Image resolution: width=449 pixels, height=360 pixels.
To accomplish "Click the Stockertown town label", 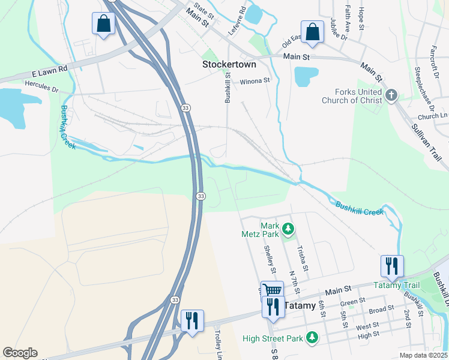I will [x=229, y=64].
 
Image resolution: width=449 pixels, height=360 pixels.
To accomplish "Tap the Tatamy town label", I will [x=299, y=305].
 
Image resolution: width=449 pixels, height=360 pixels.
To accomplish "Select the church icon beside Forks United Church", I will [x=391, y=95].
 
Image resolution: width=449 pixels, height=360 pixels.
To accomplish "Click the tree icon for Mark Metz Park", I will [x=289, y=229].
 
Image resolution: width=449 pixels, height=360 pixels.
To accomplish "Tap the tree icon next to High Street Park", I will [x=312, y=338].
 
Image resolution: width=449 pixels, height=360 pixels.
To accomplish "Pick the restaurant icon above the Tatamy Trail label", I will [x=391, y=265].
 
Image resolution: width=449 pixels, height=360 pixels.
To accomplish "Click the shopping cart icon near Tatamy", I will [x=272, y=290].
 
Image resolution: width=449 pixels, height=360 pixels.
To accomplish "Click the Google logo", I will [x=19, y=353].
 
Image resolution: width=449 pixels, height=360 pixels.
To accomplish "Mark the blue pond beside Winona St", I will [x=306, y=76].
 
